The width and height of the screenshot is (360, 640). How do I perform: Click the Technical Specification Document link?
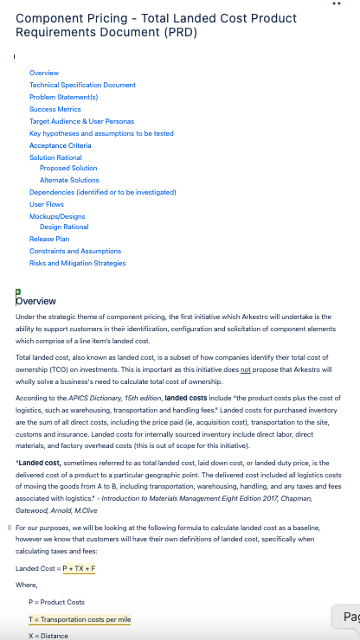(x=82, y=85)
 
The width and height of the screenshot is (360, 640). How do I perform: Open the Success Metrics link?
(x=55, y=109)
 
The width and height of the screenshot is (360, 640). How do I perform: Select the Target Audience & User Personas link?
(x=81, y=121)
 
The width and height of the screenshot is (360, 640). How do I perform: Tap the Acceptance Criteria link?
(x=60, y=145)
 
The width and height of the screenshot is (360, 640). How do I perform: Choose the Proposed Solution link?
(x=68, y=168)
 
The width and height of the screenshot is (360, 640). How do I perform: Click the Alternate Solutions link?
(x=69, y=180)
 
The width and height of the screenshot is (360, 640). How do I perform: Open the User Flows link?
(x=47, y=204)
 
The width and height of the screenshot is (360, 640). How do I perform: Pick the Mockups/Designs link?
(x=57, y=216)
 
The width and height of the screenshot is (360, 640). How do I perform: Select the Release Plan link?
(x=49, y=239)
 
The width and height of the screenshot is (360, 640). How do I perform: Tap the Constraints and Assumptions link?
(x=75, y=251)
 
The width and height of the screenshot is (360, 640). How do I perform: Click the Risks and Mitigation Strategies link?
(x=77, y=263)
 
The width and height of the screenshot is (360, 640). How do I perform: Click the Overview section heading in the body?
(x=36, y=301)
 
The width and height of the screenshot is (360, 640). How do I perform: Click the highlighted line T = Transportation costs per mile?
(x=79, y=619)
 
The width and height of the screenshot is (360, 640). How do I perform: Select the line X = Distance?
(x=48, y=636)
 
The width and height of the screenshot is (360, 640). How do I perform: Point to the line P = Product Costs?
(x=57, y=602)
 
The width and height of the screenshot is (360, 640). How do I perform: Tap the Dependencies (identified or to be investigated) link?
(x=102, y=192)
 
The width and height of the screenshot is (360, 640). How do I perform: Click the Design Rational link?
(x=64, y=227)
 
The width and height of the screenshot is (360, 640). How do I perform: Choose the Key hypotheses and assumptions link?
(x=101, y=133)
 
